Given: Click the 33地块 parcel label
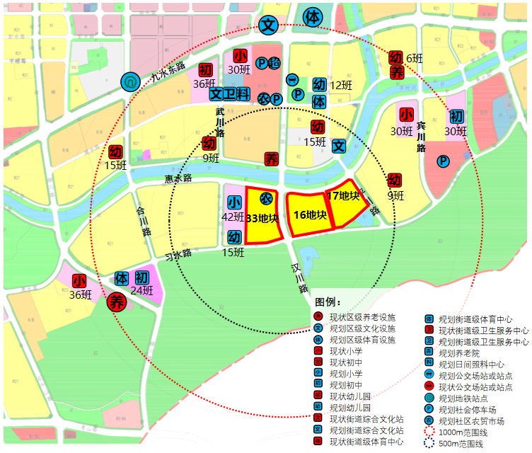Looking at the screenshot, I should [262, 218].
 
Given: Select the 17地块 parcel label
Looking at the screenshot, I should [344, 195].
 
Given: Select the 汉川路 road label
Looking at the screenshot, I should [300, 278].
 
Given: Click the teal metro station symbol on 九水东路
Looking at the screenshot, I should [130, 82].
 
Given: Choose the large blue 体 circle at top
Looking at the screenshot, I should [312, 17].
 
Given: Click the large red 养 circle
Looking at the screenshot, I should [117, 302].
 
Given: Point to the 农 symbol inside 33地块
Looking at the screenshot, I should [266, 197].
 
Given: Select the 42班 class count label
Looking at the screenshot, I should [234, 217].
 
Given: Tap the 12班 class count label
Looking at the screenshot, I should [340, 86].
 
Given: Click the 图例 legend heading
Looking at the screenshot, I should [329, 303].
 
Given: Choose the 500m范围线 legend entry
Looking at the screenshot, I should [461, 443].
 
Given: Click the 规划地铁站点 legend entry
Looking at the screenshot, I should [463, 398].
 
